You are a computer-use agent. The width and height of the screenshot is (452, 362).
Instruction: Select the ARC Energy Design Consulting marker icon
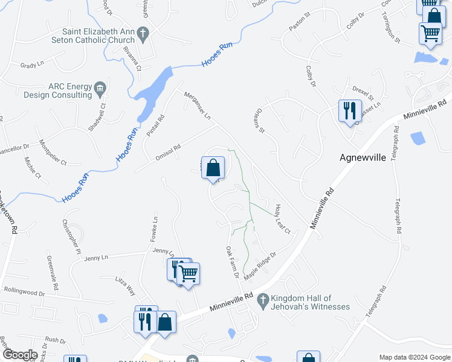100,88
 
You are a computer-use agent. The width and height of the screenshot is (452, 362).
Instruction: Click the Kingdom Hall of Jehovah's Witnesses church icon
263,299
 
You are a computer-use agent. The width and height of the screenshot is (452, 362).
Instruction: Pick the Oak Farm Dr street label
233,262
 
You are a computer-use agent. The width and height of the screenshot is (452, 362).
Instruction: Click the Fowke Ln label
155,229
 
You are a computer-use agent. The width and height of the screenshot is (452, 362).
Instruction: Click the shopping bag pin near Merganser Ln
213,168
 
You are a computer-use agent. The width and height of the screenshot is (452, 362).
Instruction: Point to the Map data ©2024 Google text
414,357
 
